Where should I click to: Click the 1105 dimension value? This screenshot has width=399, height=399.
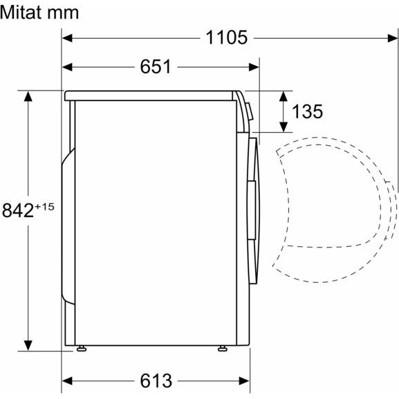click(226, 37)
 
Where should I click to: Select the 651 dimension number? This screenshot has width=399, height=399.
click(156, 66)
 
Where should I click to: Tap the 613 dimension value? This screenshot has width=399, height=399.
click(156, 381)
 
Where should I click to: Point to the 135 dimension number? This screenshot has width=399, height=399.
click(307, 111)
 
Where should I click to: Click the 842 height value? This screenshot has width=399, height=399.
click(18, 210)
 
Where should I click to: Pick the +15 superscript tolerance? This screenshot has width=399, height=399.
click(44, 207)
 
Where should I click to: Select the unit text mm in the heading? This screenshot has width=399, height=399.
click(66, 14)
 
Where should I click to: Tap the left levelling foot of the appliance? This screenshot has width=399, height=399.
click(82, 349)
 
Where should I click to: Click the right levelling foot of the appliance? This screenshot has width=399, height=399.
click(223, 349)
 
